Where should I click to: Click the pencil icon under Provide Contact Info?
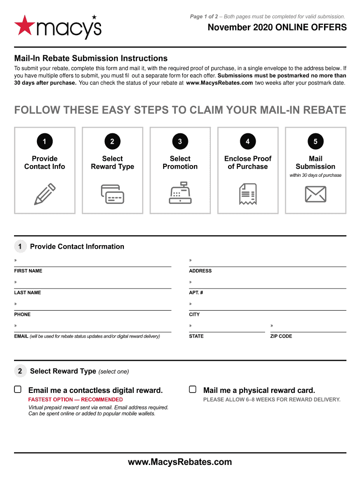(45, 194)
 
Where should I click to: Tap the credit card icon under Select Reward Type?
(112, 194)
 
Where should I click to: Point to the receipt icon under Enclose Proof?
(247, 194)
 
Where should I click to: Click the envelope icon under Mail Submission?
(315, 194)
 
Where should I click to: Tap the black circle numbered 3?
(180, 141)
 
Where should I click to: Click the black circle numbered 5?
(315, 141)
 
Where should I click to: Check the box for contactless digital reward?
(18, 389)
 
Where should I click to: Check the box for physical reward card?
(193, 389)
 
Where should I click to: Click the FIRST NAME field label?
(28, 271)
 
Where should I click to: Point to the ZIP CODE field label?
(281, 336)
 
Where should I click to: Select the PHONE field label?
(22, 314)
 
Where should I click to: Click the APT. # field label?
(196, 292)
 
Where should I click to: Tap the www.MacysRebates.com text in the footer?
(180, 462)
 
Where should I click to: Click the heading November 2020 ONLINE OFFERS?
(277, 28)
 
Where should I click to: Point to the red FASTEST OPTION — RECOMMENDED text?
(75, 399)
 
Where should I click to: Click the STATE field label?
(196, 336)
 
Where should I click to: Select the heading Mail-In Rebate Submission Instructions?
(91, 58)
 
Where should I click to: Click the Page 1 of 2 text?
(203, 17)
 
